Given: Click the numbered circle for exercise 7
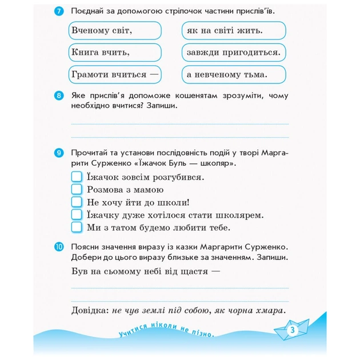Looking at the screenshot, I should tap(59, 11).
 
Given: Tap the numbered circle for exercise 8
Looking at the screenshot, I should tap(59, 95).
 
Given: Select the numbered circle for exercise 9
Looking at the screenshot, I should tap(59, 153).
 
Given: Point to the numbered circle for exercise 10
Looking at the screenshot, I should tap(59, 247).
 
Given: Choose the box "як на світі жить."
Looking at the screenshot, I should tap(234, 30).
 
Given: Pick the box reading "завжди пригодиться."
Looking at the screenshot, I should tap(234, 53).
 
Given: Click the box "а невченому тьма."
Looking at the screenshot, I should tap(234, 74).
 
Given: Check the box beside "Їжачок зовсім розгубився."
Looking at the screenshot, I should tap(77, 177).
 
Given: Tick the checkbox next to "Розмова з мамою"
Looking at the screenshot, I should tap(77, 189).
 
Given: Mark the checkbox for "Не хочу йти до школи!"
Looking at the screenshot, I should tap(77, 202).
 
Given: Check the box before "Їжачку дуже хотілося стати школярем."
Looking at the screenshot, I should tap(77, 215).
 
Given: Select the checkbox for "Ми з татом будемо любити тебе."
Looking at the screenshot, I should tap(77, 227).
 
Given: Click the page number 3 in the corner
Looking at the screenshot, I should tap(291, 330).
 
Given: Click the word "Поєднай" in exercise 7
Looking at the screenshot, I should tap(87, 11).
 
